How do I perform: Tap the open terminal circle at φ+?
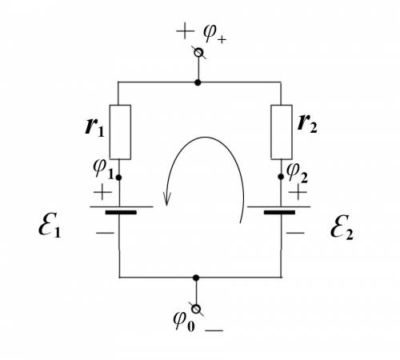pyautogui.click(x=198, y=53)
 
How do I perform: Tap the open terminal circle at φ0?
pyautogui.click(x=196, y=309)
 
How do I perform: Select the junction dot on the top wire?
pyautogui.click(x=198, y=82)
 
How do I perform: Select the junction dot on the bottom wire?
pyautogui.click(x=196, y=278)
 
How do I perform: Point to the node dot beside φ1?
pyautogui.click(x=119, y=178)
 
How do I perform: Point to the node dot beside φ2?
pyautogui.click(x=281, y=177)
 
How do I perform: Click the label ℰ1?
pyautogui.click(x=50, y=225)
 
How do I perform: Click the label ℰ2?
pyautogui.click(x=342, y=227)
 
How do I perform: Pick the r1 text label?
pyautogui.click(x=94, y=126)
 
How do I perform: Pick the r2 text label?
pyautogui.click(x=307, y=123)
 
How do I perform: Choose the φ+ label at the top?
pyautogui.click(x=214, y=34)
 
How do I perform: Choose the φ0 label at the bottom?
pyautogui.click(x=184, y=322)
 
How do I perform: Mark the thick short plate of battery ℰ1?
pyautogui.click(x=121, y=213)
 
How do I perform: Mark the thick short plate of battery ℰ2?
pyautogui.click(x=279, y=213)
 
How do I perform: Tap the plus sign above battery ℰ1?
pyautogui.click(x=102, y=192)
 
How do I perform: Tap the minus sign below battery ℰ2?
pyautogui.click(x=295, y=233)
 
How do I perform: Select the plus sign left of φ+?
pyautogui.click(x=185, y=31)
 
